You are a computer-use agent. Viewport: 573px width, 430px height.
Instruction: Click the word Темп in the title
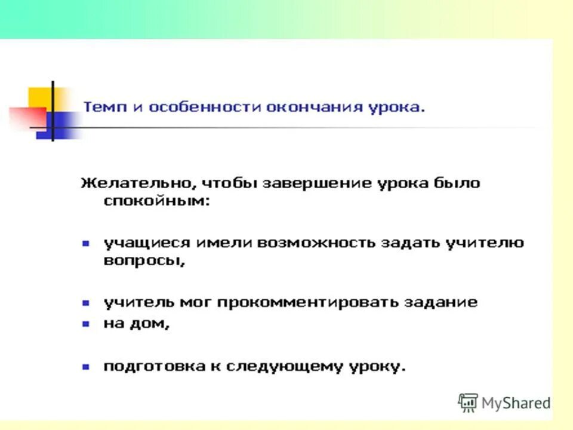click(x=103, y=107)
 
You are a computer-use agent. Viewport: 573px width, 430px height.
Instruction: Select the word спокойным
click(x=157, y=201)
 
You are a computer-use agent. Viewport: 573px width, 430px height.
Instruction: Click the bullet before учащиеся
click(x=85, y=243)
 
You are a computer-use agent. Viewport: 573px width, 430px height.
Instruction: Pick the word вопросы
click(x=143, y=262)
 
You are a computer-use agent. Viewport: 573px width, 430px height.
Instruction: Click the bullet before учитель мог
click(x=85, y=303)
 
